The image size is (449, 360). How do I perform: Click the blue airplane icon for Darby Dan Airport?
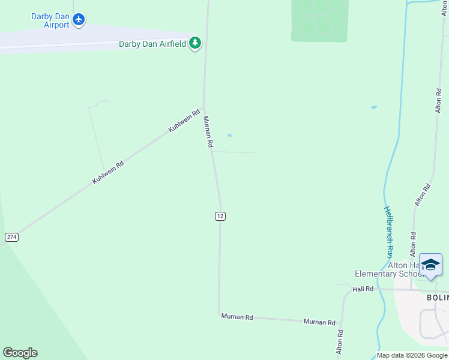[79, 20]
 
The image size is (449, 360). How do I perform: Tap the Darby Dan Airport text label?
[50, 20]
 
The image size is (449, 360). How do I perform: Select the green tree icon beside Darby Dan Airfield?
[194, 43]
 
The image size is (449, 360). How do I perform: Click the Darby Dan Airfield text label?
[152, 44]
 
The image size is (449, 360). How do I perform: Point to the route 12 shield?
[220, 216]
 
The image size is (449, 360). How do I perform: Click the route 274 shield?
[11, 237]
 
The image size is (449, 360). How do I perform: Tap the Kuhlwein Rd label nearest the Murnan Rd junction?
[184, 121]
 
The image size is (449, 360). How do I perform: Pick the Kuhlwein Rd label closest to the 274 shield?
[108, 172]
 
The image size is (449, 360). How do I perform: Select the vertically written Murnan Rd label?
[208, 132]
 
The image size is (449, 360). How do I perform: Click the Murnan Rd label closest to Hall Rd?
[319, 322]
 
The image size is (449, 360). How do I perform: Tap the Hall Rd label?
[363, 289]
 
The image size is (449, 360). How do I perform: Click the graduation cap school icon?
[430, 265]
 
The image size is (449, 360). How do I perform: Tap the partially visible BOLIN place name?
[437, 298]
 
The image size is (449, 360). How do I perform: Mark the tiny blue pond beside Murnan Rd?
[229, 135]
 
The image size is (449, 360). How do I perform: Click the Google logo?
[20, 353]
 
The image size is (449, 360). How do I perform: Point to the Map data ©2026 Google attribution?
[412, 355]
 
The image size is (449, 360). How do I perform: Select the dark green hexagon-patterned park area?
[319, 20]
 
